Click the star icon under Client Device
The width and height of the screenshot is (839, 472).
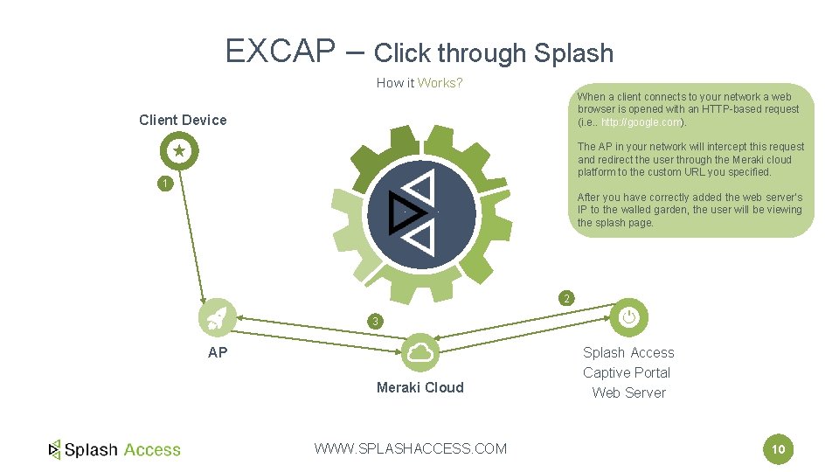179,151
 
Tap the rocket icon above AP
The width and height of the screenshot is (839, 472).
217,317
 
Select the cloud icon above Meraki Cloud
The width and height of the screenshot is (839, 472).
420,352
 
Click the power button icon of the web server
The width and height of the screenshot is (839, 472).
628,317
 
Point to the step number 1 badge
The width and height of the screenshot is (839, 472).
163,184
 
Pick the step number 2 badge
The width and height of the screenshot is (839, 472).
566,299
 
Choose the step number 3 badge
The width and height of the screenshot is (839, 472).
375,322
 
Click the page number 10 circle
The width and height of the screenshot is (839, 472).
778,450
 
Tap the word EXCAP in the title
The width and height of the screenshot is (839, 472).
280,52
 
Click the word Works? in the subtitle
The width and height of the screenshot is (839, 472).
440,83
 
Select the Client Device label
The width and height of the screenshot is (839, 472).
183,120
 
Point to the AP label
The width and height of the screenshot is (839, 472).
218,352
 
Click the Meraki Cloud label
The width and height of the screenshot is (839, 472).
419,387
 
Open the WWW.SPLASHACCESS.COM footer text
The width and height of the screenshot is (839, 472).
410,448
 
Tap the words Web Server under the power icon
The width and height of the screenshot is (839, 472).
628,392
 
